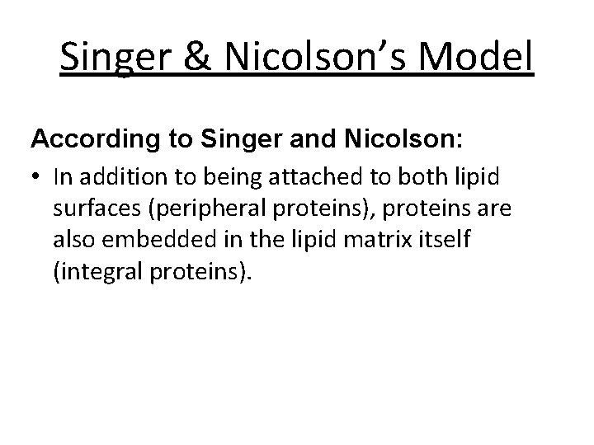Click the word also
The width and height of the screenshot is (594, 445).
pos(72,240)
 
